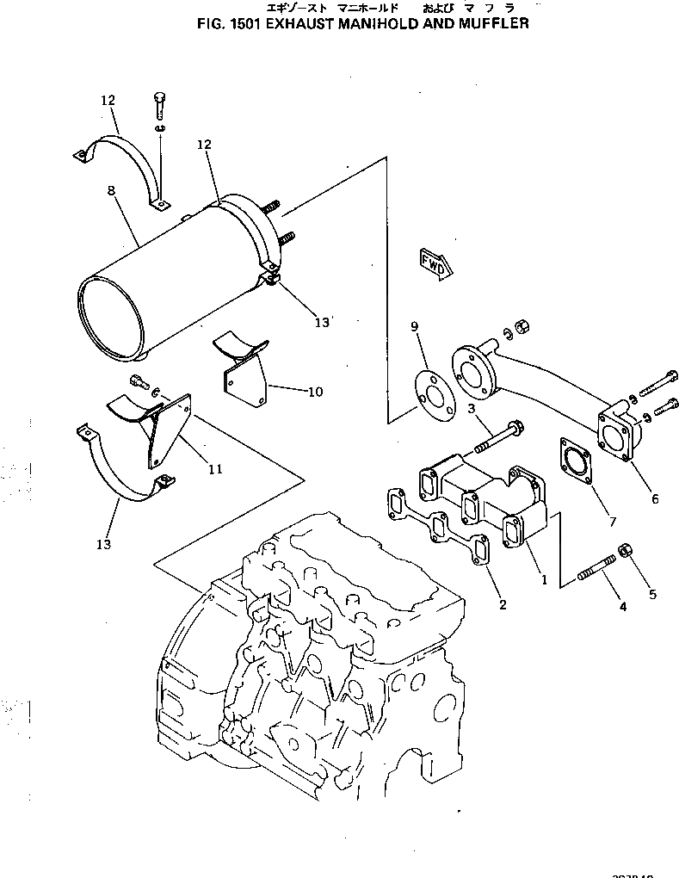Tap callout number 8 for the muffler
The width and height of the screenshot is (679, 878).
tap(111, 195)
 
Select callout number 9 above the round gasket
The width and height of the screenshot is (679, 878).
tap(414, 326)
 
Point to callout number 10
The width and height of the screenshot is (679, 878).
tap(315, 392)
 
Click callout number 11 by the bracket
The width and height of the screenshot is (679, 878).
tap(215, 469)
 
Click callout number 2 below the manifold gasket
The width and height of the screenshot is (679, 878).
tap(502, 604)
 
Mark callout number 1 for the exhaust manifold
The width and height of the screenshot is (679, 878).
tap(543, 580)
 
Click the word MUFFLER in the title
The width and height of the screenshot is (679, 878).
tap(491, 23)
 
